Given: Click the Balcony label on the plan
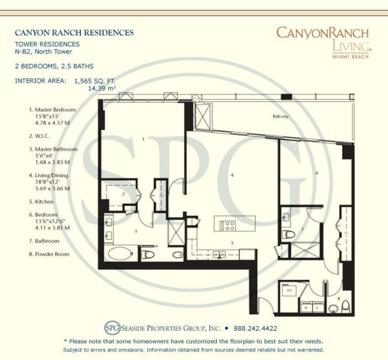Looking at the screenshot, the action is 280,116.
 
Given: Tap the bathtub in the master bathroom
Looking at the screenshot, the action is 120,253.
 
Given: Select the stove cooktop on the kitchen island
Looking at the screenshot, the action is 228,226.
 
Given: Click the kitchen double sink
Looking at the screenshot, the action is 219,254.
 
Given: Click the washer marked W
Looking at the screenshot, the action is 306,307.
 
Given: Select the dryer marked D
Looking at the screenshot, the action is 318,307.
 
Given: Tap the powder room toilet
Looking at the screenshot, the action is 346,307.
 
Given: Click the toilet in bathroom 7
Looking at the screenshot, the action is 289,234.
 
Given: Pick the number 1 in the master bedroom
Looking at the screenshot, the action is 143,139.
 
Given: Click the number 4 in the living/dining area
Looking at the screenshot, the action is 232,175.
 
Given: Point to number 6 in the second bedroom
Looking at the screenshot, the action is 317,173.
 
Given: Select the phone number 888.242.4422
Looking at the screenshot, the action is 255,328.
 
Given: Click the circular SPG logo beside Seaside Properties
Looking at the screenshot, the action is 112,328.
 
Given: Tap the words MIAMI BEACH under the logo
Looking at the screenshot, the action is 351,57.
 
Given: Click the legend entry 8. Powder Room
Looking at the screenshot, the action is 49,254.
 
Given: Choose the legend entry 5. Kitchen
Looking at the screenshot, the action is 41,202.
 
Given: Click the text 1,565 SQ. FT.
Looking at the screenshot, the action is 95,81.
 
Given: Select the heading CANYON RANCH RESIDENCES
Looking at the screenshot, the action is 74,33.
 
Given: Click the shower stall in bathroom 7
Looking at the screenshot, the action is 305,250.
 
